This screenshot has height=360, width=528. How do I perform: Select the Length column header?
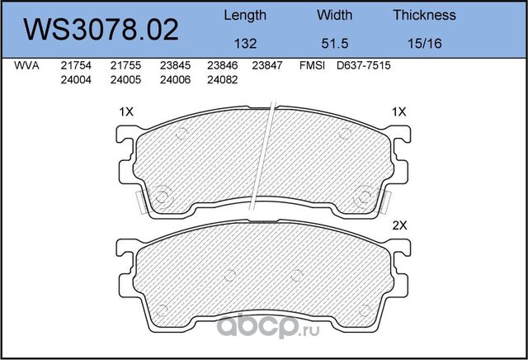coord(245,15)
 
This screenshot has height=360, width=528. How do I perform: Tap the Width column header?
coord(334,15)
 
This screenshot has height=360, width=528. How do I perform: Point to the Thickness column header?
coord(424,15)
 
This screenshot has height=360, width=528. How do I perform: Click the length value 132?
coord(245,44)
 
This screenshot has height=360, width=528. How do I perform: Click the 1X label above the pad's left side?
coord(126,111)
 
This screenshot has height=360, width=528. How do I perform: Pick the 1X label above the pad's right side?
coord(398,111)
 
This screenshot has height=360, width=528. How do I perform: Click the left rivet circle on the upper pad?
coord(163,197)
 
